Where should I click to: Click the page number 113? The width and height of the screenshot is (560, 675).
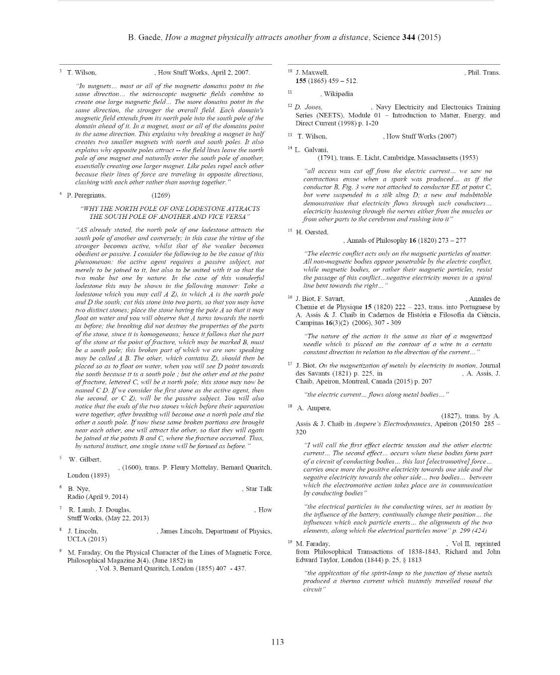[277, 642]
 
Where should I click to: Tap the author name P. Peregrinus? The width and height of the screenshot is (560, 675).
[86, 195]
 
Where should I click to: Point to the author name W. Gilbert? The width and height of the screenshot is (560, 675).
[85, 459]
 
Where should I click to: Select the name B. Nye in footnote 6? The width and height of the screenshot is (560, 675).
[79, 489]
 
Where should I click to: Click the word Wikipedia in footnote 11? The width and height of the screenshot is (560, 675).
[338, 94]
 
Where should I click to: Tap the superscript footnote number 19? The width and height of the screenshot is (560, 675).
[290, 542]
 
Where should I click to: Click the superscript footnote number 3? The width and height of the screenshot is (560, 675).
[60, 71]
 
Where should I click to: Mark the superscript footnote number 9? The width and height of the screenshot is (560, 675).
[60, 551]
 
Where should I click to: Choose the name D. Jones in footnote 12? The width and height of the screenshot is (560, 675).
[308, 107]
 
